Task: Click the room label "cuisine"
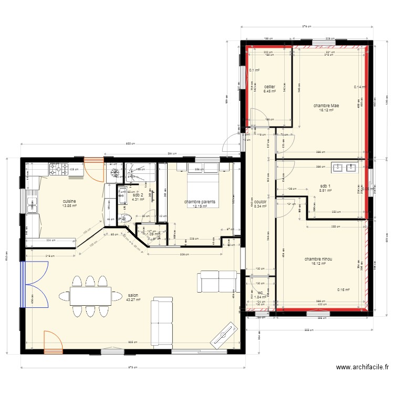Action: [x=69, y=201]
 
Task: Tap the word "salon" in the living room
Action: [x=133, y=295]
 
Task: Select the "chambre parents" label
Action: [x=200, y=201]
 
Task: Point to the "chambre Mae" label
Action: [x=326, y=106]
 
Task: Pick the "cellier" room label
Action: [x=269, y=87]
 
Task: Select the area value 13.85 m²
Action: [x=69, y=206]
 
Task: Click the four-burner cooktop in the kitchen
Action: [x=57, y=169]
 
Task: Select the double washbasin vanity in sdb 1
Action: [x=344, y=168]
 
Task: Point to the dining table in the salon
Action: [x=90, y=296]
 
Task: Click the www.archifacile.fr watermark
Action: [x=362, y=368]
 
